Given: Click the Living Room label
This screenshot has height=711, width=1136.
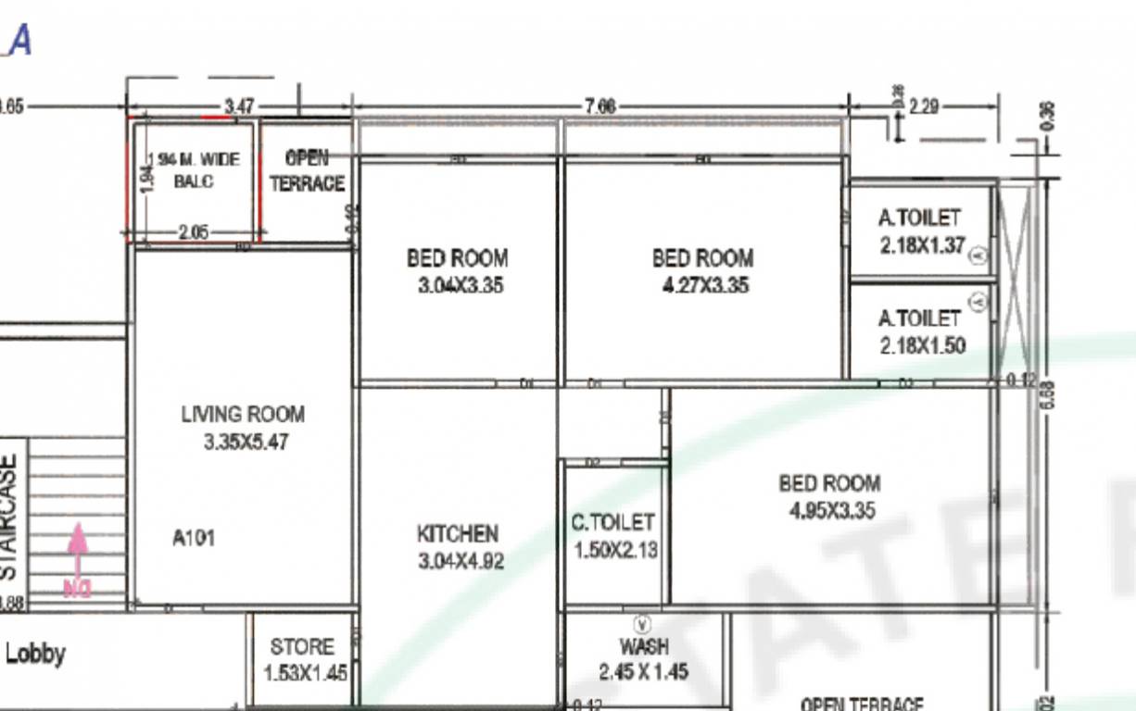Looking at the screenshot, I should (x=242, y=415).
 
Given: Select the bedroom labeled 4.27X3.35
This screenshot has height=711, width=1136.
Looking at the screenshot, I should (x=701, y=270).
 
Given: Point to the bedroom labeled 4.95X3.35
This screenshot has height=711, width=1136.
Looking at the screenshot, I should (x=829, y=496).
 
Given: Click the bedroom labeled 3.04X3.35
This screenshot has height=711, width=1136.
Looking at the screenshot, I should (x=458, y=270).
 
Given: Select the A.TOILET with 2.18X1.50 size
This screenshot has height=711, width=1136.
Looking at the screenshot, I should (x=920, y=331).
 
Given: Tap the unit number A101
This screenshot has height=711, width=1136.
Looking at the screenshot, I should (x=194, y=537).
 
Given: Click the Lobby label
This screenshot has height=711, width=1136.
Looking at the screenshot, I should (x=35, y=655).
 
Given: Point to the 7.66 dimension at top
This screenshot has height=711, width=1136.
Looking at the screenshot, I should (x=599, y=106).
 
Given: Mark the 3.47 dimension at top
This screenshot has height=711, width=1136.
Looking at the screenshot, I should (x=238, y=106).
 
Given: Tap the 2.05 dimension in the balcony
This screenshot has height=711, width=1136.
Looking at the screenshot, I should (x=193, y=232).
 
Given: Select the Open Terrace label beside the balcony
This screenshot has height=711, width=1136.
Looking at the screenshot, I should (x=307, y=171).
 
